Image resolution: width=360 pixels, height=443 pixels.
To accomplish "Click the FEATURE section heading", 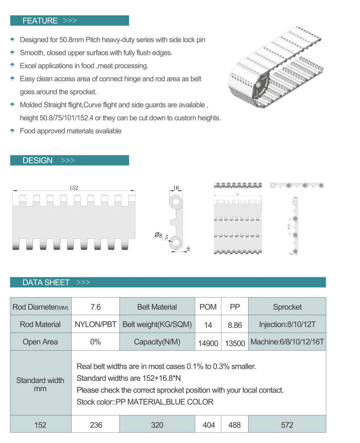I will coord(40,21).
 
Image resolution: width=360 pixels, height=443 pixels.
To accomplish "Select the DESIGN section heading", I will coord(38,160).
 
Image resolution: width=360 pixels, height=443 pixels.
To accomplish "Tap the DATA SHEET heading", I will coord(46,282).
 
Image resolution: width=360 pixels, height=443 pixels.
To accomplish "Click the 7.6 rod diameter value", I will coord(95,307).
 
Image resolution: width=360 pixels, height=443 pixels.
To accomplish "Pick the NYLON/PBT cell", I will coord(95,325).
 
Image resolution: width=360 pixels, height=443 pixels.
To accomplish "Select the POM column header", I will coord(208,307).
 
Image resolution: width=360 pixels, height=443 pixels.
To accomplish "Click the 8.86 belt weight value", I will coord(235,325).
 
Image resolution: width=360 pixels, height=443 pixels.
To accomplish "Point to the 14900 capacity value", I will coord(208,343).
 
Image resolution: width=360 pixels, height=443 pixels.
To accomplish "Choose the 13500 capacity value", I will coord(235,343).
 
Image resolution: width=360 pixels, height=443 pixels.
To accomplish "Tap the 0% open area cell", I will coord(95,342).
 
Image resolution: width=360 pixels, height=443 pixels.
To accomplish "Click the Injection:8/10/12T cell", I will coord(287,325).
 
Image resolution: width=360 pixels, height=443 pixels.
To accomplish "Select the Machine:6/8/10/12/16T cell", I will coord(287,342).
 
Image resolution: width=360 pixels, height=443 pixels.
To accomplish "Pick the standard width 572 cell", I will coord(287,425).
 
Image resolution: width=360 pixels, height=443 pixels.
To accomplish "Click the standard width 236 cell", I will coord(95,425).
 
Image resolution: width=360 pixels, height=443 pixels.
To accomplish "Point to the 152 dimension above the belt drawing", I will coord(74,188).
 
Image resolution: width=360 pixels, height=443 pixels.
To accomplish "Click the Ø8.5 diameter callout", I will coord(161,236).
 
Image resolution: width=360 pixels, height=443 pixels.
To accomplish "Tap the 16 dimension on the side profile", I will coord(176,188).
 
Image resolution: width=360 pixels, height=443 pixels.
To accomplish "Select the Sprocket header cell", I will coord(287,307).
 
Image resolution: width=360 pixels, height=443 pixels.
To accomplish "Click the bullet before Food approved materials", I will coord(12,131).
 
